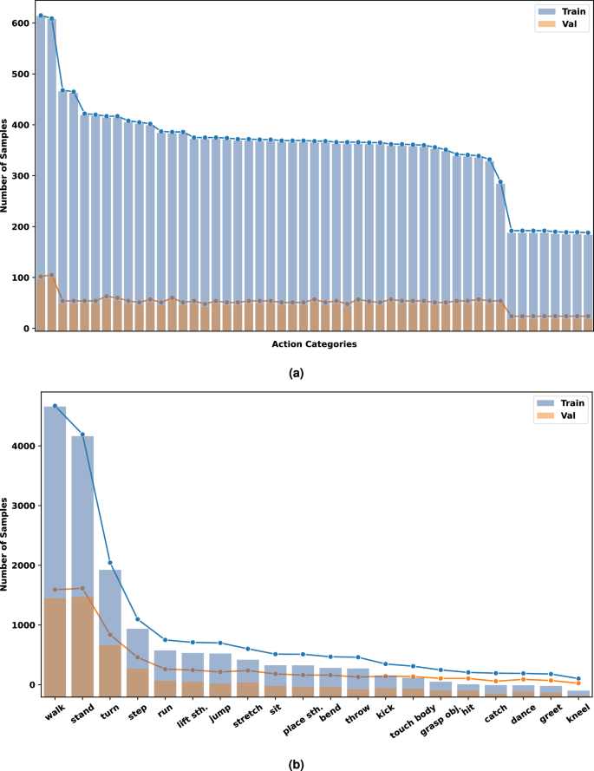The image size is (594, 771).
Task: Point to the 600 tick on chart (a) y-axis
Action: (x=20, y=23)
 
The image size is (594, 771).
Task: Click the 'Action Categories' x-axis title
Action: (x=313, y=344)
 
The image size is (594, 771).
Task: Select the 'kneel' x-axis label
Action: (x=577, y=713)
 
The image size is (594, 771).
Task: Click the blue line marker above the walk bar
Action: (x=55, y=406)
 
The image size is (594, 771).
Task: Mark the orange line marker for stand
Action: (x=82, y=588)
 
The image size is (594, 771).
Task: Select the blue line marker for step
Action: (x=137, y=619)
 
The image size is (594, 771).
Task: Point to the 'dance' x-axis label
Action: (x=522, y=713)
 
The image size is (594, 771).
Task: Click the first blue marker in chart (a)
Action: (x=41, y=16)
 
